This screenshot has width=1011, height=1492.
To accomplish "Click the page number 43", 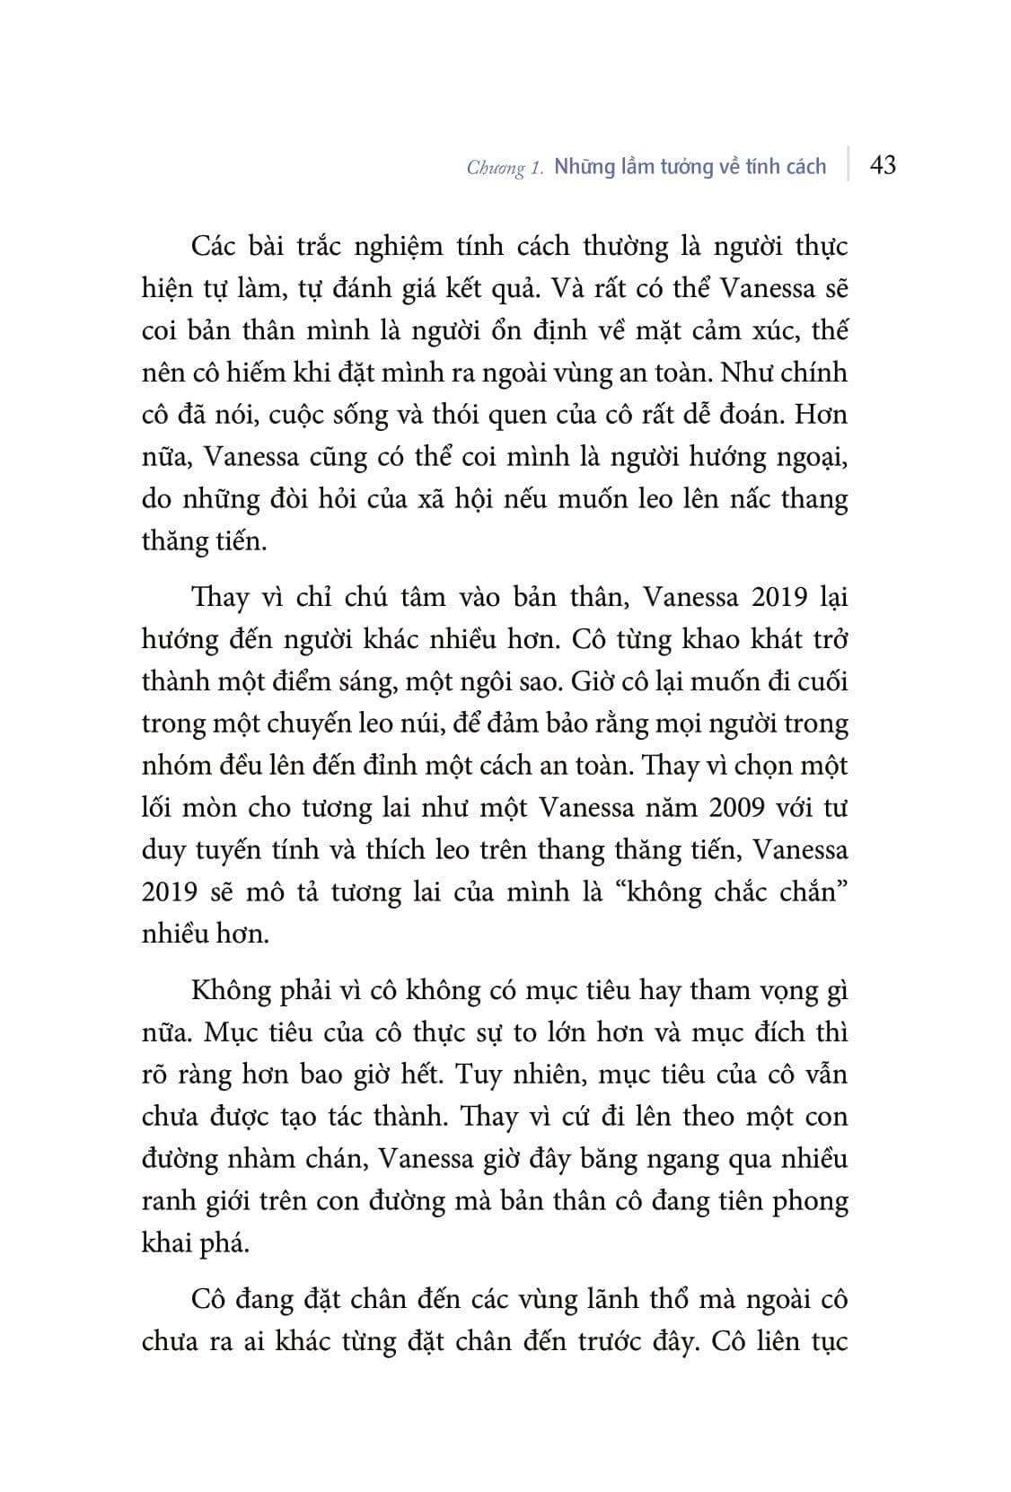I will click(883, 165).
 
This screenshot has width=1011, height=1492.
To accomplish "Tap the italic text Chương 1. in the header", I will click(505, 168).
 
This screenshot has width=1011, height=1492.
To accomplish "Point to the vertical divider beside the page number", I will click(848, 165).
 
